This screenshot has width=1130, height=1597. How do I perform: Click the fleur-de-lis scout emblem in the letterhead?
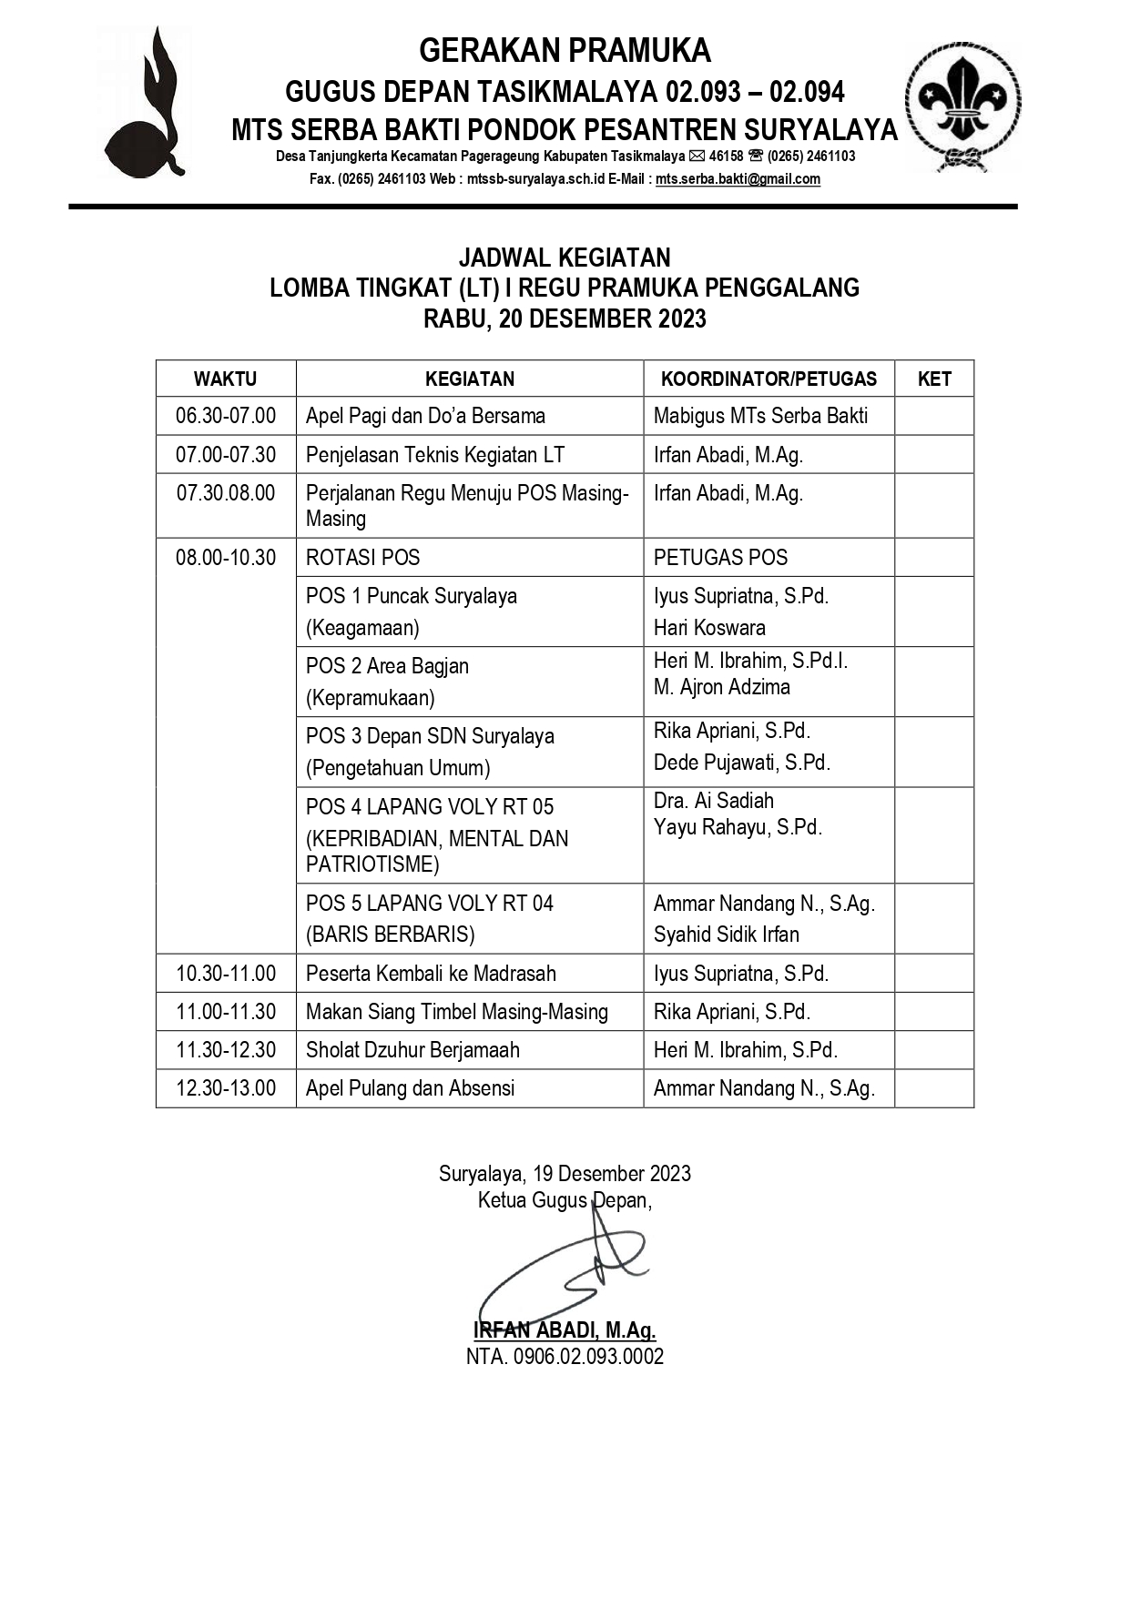pos(962,106)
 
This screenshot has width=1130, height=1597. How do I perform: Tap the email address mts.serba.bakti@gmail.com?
pos(738,179)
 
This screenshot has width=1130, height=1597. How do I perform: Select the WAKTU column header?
pos(225,379)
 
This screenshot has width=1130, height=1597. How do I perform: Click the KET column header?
pos(934,379)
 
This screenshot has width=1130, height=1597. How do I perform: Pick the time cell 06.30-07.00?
pos(226,416)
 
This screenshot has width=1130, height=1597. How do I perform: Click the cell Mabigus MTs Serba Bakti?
pos(760,416)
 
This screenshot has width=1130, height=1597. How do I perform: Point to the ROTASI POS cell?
pos(362,557)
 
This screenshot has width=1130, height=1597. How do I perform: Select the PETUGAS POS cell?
pos(720,557)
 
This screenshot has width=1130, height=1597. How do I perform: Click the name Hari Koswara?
pos(709,627)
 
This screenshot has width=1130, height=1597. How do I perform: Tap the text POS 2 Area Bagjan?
pos(387,666)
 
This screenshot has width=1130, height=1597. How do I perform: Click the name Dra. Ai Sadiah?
pos(714,801)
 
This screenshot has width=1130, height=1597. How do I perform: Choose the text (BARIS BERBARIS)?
pos(391,934)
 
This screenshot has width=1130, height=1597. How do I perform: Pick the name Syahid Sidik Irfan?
pos(726,934)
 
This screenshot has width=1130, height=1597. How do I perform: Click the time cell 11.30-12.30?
pos(226,1049)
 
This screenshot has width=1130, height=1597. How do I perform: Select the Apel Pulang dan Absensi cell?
pos(410,1087)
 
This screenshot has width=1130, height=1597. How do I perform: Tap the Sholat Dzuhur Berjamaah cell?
pos(412,1049)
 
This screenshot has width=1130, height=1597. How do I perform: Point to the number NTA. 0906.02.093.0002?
pos(565,1356)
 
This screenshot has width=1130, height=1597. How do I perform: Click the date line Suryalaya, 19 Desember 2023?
pos(565,1173)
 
